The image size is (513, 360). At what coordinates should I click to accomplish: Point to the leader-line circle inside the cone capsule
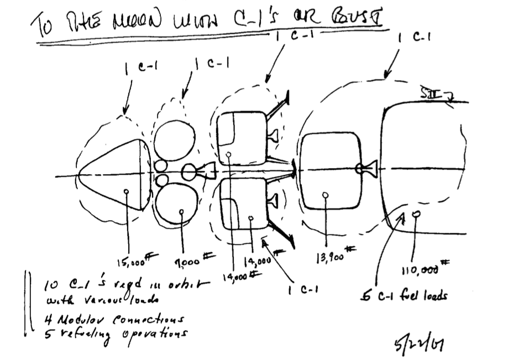pos(126,192)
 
